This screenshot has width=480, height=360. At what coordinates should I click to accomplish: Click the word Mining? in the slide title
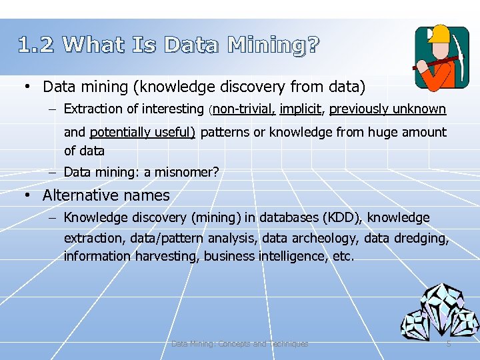pyautogui.click(x=273, y=45)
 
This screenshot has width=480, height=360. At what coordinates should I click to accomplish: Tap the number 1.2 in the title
pyautogui.click(x=38, y=45)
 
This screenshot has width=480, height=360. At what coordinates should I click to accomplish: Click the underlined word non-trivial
pyautogui.click(x=245, y=109)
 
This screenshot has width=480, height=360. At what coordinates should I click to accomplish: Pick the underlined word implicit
pyautogui.click(x=301, y=109)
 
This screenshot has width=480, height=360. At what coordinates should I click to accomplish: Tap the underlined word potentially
pyautogui.click(x=119, y=132)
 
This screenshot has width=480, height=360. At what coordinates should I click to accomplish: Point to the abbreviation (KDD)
pyautogui.click(x=341, y=218)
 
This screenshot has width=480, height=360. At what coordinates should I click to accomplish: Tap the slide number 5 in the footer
pyautogui.click(x=449, y=344)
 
